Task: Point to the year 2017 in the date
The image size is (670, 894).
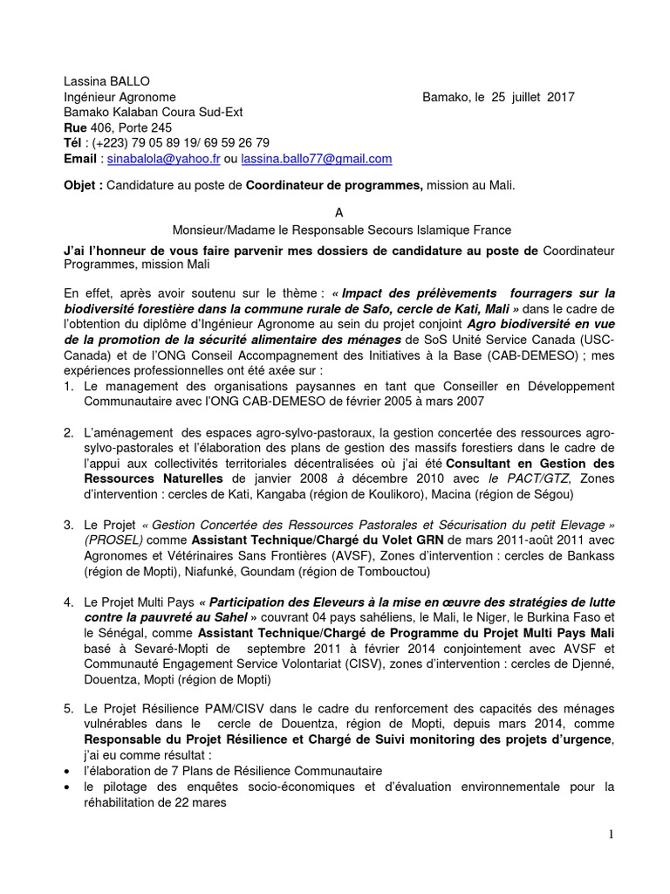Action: tap(560, 97)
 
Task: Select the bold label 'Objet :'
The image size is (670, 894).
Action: tap(84, 186)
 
